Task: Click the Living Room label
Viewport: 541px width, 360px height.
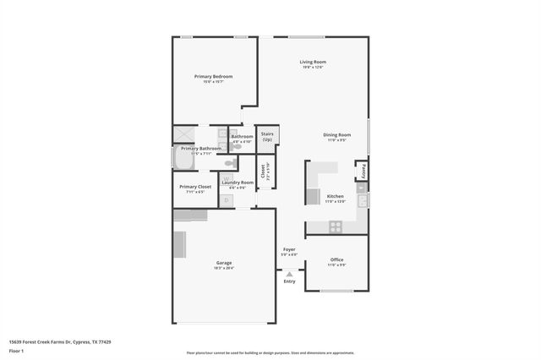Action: click(x=312, y=62)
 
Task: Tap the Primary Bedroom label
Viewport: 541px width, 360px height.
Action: click(x=213, y=76)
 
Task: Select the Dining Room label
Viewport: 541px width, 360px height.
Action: click(x=336, y=134)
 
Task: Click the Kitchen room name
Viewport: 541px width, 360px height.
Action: click(x=336, y=195)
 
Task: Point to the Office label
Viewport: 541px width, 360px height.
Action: click(x=336, y=259)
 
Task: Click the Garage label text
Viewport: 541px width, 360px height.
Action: click(x=224, y=262)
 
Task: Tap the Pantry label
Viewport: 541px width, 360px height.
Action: click(x=363, y=169)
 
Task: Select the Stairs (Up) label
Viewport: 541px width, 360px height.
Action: click(x=267, y=136)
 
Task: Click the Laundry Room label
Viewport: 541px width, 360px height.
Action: click(x=238, y=182)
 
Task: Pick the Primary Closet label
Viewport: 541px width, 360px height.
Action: click(x=195, y=186)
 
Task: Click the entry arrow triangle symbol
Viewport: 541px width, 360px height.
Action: click(x=290, y=274)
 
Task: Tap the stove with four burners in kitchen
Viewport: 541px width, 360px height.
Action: click(x=336, y=226)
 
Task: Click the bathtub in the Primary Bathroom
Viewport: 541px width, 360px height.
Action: click(x=183, y=159)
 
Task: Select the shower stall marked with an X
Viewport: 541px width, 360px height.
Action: click(x=183, y=134)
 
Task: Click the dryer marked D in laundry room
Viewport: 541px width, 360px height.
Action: click(x=226, y=200)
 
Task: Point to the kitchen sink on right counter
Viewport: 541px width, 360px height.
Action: click(x=362, y=200)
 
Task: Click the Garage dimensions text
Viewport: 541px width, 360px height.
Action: click(x=224, y=268)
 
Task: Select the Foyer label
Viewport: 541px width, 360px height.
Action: click(x=289, y=249)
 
